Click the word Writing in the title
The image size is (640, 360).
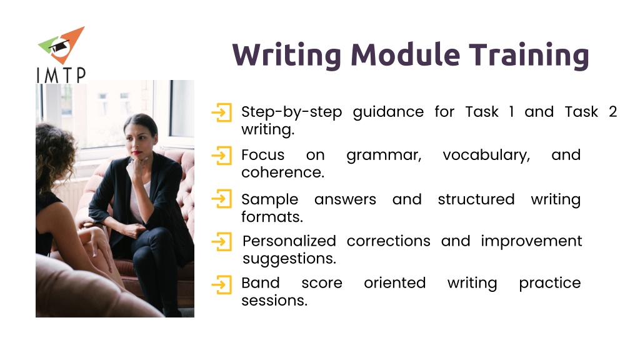[286, 55]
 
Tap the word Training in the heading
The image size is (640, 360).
[529, 55]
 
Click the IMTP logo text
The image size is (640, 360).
[61, 75]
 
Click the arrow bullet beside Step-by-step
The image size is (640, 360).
[222, 112]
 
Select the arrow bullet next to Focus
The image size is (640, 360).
[222, 156]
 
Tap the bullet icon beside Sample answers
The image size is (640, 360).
[222, 199]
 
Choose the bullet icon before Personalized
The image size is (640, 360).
[222, 242]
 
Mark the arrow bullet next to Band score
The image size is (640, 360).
[222, 284]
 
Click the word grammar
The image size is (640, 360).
[384, 156]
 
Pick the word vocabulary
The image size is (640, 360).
[486, 155]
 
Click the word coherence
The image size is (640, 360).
[283, 172]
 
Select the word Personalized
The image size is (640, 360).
[289, 241]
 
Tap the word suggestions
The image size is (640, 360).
[289, 259]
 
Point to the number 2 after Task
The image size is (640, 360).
[612, 111]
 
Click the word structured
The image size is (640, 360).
[476, 199]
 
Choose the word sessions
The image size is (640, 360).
[274, 301]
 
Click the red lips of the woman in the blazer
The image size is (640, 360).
[136, 153]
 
